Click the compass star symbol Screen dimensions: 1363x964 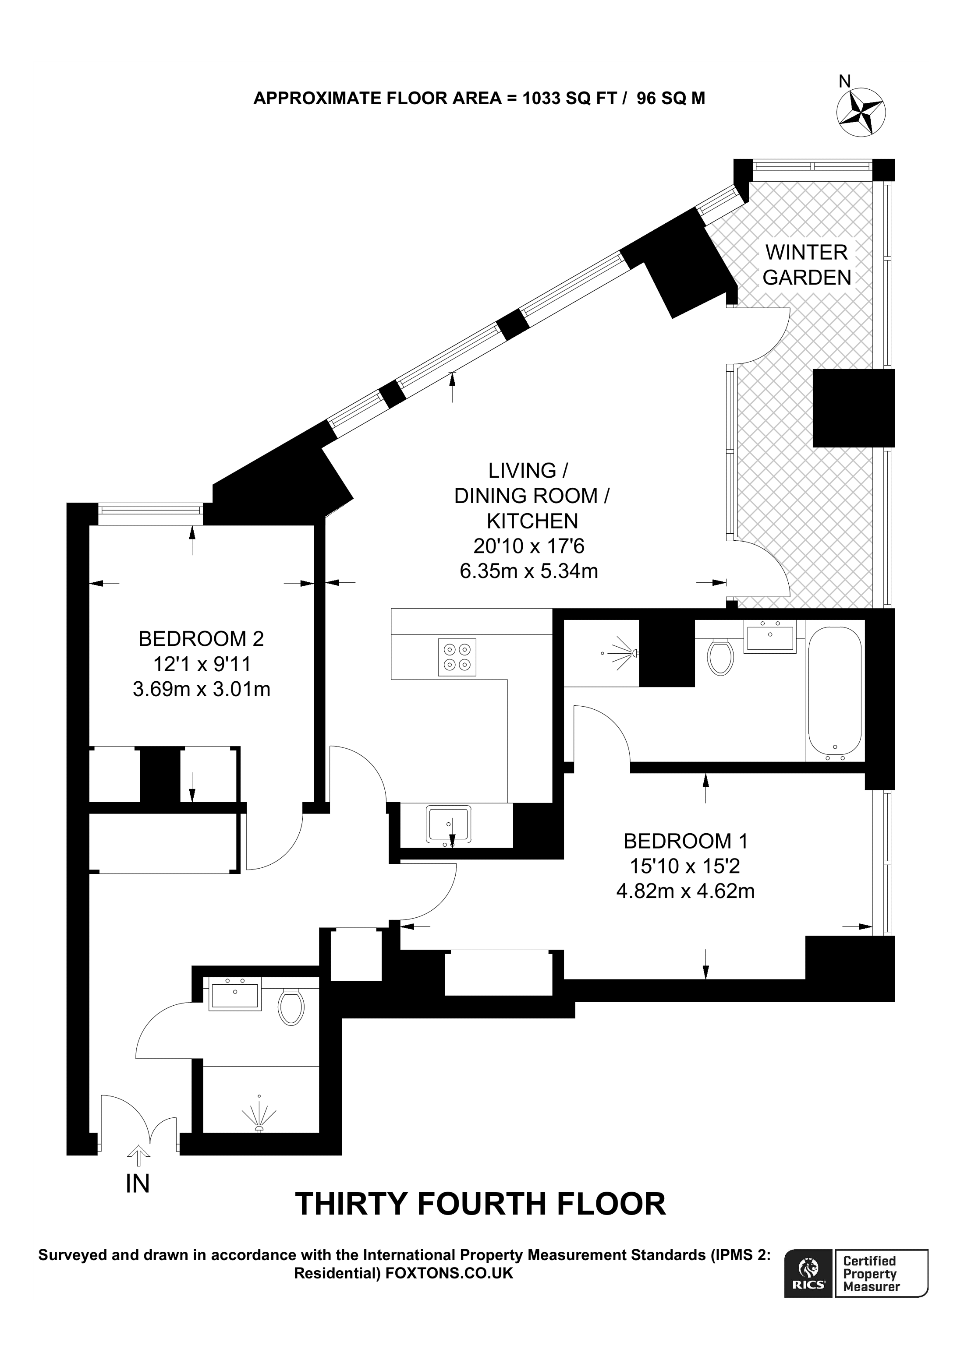click(861, 112)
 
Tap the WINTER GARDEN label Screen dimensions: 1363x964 click(807, 265)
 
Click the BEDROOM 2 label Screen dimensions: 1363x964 click(201, 639)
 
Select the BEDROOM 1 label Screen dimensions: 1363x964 click(685, 841)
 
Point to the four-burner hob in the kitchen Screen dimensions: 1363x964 click(457, 657)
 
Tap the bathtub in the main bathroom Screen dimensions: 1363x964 click(834, 693)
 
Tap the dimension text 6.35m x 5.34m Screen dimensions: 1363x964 click(528, 571)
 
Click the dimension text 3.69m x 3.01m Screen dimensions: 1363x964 click(202, 689)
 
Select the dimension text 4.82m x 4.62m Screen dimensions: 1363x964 click(685, 891)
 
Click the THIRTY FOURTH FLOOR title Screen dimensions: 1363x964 click(481, 1221)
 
